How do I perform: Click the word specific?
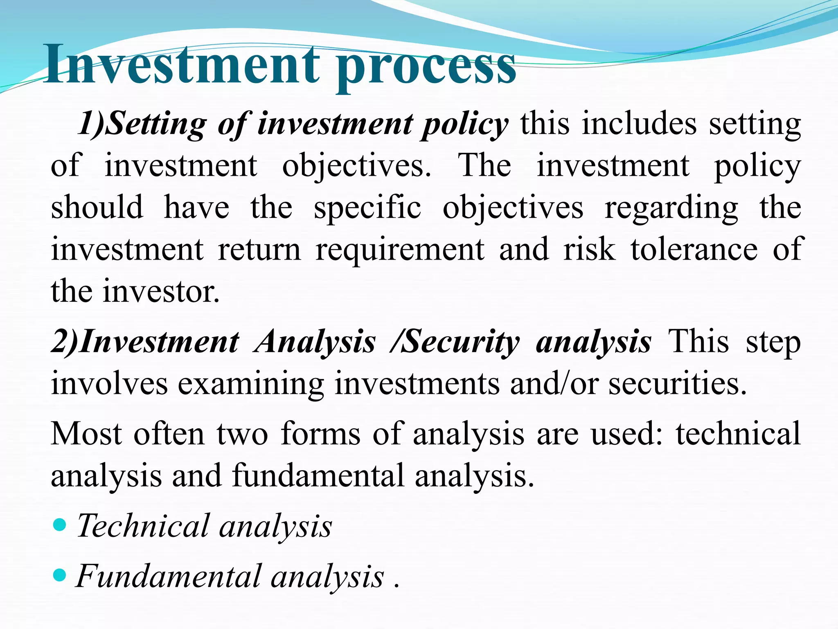[367, 208]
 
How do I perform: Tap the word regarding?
[671, 208]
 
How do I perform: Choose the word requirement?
[400, 250]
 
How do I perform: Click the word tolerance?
[694, 249]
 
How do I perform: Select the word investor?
[161, 292]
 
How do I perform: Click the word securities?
[678, 384]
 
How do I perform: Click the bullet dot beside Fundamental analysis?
[60, 575]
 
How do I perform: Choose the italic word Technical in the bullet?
[142, 526]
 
